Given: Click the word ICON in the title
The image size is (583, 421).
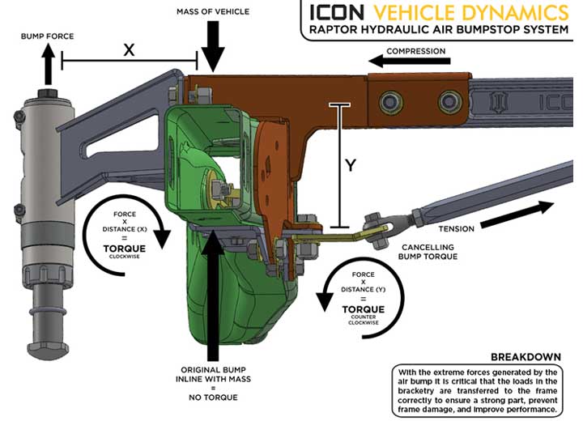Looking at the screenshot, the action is click(337, 12).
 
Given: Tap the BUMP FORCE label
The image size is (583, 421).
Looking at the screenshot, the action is click(47, 36).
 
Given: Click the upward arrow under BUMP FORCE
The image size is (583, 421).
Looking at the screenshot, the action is click(48, 64).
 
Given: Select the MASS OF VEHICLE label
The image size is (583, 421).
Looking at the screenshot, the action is click(213, 12).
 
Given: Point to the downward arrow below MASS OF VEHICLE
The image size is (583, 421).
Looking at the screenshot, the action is click(213, 46).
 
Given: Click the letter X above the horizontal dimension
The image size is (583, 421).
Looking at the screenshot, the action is click(129, 50).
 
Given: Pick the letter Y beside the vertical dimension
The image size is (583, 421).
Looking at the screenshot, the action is click(351, 165).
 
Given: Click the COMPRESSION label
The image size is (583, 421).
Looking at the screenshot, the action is click(415, 51).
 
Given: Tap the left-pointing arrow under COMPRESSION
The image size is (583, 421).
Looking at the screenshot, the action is click(410, 62).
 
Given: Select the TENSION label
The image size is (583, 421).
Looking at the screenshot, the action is click(456, 229).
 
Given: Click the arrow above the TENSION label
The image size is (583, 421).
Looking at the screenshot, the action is click(517, 215).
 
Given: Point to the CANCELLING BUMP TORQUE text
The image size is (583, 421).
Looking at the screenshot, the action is click(428, 252).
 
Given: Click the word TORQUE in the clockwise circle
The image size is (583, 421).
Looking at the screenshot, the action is click(125, 249).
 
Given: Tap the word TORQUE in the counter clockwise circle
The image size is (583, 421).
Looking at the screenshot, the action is click(364, 309).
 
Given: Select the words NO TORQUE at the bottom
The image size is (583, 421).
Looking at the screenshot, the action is click(213, 398).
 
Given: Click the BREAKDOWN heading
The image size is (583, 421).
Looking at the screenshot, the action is click(526, 357).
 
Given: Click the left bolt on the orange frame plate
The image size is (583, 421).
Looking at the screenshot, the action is click(390, 101).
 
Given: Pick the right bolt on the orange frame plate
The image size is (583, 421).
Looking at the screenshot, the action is click(449, 101).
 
